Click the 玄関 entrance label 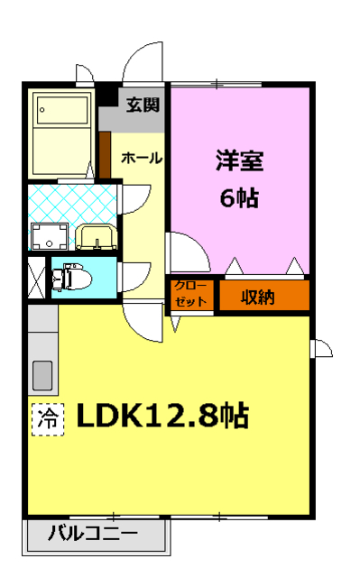(143, 105)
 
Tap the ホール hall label (141, 158)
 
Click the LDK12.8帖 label (163, 417)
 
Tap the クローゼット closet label (190, 295)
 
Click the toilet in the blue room (70, 277)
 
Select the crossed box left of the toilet (36, 278)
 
